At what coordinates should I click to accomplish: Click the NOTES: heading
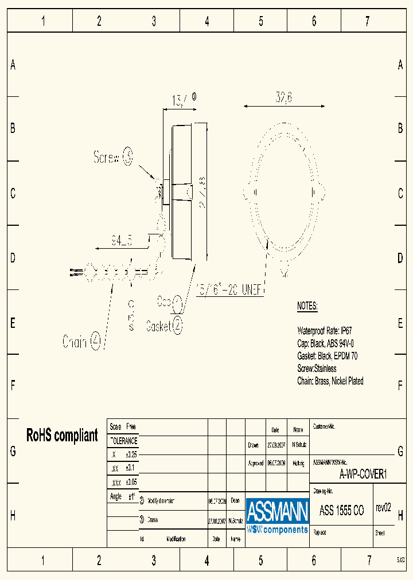point(307,306)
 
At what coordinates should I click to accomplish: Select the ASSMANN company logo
point(278,515)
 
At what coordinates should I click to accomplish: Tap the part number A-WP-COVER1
point(364,474)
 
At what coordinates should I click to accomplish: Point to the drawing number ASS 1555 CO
point(341,511)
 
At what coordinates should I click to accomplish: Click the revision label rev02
point(383,507)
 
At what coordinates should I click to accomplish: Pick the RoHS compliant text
point(62,435)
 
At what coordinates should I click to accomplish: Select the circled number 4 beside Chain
point(95,342)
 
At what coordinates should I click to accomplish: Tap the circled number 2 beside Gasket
point(178,326)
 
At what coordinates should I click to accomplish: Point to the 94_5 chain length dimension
point(121,241)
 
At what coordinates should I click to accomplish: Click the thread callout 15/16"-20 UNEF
point(229,289)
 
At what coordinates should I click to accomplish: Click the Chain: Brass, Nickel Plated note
point(330,381)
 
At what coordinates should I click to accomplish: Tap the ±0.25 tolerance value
point(131,454)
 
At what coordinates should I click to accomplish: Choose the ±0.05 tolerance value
point(131,482)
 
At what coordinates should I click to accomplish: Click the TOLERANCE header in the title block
point(123,441)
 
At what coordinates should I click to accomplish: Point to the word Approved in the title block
point(255,463)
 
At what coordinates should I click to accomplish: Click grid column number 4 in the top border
point(206,22)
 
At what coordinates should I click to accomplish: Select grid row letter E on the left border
point(13,323)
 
